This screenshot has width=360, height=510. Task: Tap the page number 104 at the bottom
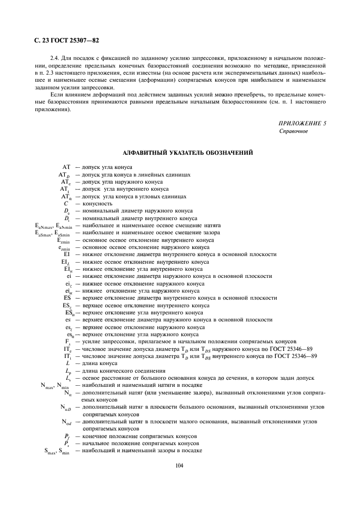point(179,465)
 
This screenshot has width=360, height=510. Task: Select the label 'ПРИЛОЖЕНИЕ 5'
point(302,124)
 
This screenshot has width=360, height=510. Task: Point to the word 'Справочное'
point(294,131)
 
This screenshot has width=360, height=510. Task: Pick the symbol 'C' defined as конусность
point(66,203)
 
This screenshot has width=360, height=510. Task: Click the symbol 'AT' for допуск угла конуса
point(66,167)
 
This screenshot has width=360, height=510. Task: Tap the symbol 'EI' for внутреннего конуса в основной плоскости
point(67,254)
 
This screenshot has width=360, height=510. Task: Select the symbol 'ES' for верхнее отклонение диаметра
point(67,298)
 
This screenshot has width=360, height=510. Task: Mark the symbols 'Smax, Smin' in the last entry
point(54,451)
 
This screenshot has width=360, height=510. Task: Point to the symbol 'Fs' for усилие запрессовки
point(67,342)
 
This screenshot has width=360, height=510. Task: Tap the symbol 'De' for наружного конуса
point(66,211)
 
